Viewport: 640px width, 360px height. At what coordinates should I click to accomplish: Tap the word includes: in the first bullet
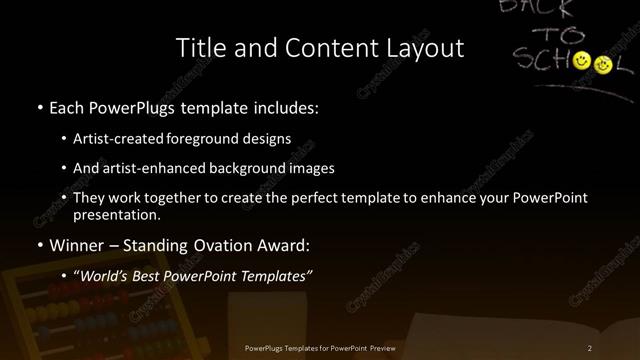pyautogui.click(x=289, y=106)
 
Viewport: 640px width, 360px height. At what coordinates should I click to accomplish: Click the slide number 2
pyautogui.click(x=590, y=347)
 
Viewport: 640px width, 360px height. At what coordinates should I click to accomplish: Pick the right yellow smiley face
pyautogui.click(x=603, y=65)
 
